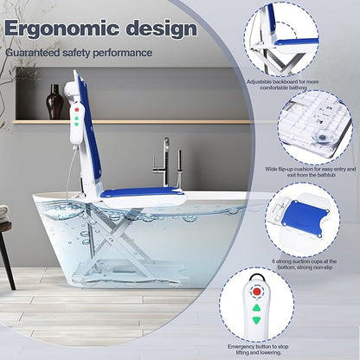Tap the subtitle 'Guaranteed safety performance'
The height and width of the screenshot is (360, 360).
pos(79,54)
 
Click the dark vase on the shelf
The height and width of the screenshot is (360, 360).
pos(55,102)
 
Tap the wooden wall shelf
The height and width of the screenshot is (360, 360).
pos(48,119)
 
